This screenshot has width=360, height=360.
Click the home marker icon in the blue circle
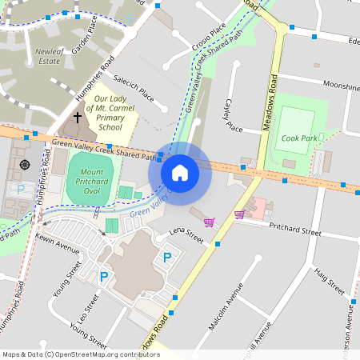180,172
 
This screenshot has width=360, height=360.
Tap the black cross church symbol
78,118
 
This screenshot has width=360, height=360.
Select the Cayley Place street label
230,116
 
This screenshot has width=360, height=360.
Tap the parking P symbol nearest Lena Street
167,257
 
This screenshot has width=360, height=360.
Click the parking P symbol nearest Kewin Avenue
103,277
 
